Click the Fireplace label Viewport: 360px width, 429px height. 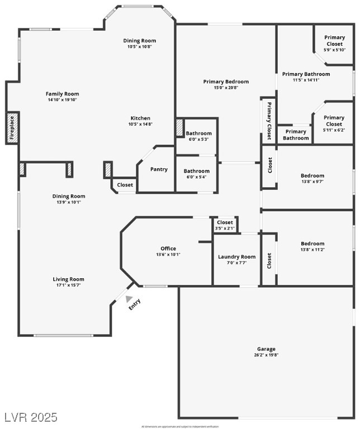[12, 128]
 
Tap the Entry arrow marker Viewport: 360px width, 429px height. [129, 299]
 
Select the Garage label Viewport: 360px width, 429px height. [266, 349]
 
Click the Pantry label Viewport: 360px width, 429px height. [159, 169]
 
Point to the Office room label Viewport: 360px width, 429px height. [168, 249]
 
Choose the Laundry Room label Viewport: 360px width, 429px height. [236, 257]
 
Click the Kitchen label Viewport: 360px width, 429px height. [140, 118]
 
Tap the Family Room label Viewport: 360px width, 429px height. [63, 94]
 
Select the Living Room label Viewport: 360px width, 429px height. [69, 279]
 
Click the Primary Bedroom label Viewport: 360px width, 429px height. [226, 82]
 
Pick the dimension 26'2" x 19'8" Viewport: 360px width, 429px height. [266, 355]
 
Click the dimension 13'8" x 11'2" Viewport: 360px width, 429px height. [312, 250]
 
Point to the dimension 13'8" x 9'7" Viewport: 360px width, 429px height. [312, 182]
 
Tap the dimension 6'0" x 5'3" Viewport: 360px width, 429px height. [199, 140]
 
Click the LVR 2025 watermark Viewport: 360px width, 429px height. [31, 417]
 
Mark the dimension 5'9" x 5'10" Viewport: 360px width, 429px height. [334, 50]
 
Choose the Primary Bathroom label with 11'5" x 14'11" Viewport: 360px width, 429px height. [306, 74]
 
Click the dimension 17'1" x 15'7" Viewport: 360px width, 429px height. [69, 285]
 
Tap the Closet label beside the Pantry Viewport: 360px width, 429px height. [125, 184]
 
